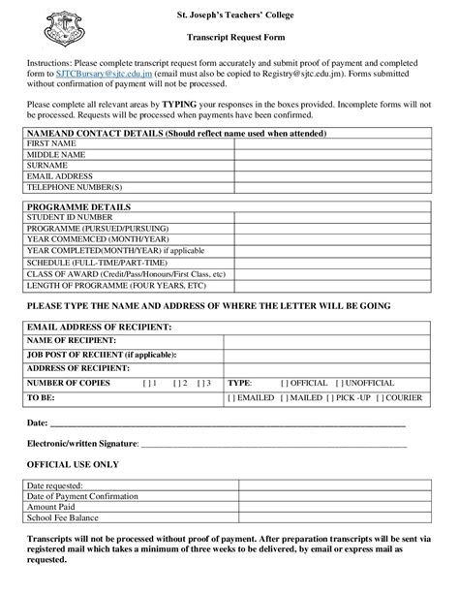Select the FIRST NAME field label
click(49, 142)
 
